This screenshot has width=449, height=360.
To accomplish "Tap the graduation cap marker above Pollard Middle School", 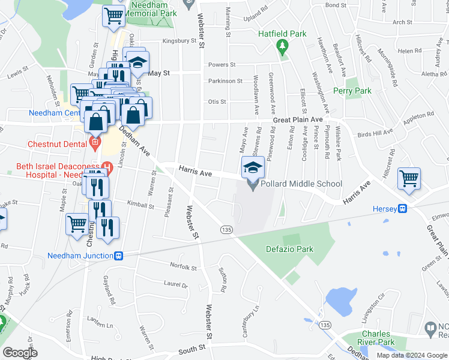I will point(253,166).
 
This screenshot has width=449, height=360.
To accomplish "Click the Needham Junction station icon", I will point(119,256).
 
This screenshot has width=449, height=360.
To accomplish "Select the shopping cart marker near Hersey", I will point(409,178).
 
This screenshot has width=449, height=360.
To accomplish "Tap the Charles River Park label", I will point(378,338).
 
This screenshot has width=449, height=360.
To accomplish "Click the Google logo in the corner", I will point(20,352).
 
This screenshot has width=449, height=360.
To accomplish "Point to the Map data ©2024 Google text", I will point(412,355).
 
